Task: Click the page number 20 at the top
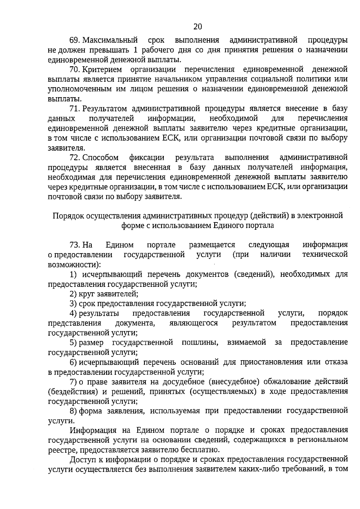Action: click(198, 27)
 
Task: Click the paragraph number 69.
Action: click(75, 40)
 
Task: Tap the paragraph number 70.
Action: click(75, 70)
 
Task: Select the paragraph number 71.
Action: click(75, 109)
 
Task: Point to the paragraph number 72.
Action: click(75, 157)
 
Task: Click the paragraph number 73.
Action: click(75, 245)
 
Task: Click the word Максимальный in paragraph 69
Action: click(110, 40)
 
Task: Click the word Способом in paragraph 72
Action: click(100, 157)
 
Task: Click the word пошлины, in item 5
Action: click(200, 343)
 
